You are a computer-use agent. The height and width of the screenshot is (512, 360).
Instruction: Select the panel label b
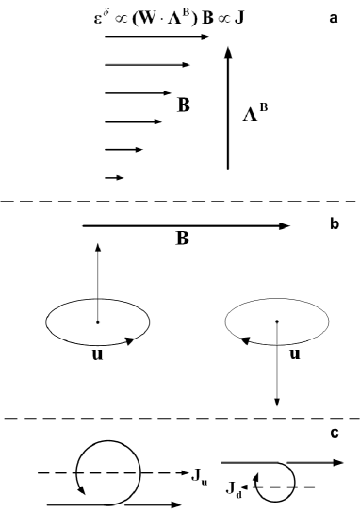coord(333,226)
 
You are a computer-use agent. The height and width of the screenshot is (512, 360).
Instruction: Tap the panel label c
coord(335,432)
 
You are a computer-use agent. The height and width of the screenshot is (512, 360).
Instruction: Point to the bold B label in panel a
coord(184,106)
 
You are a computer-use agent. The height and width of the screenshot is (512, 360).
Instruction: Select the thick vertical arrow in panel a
coord(227,108)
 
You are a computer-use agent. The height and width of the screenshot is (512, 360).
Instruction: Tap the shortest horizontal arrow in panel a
coord(113,176)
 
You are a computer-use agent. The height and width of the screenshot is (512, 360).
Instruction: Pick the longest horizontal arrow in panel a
coord(156,37)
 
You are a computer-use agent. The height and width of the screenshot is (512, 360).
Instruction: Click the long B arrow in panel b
coord(188,225)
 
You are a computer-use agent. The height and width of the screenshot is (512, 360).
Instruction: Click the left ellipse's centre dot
coord(97,322)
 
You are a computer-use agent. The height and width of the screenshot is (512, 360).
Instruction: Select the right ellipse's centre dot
coord(276,322)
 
